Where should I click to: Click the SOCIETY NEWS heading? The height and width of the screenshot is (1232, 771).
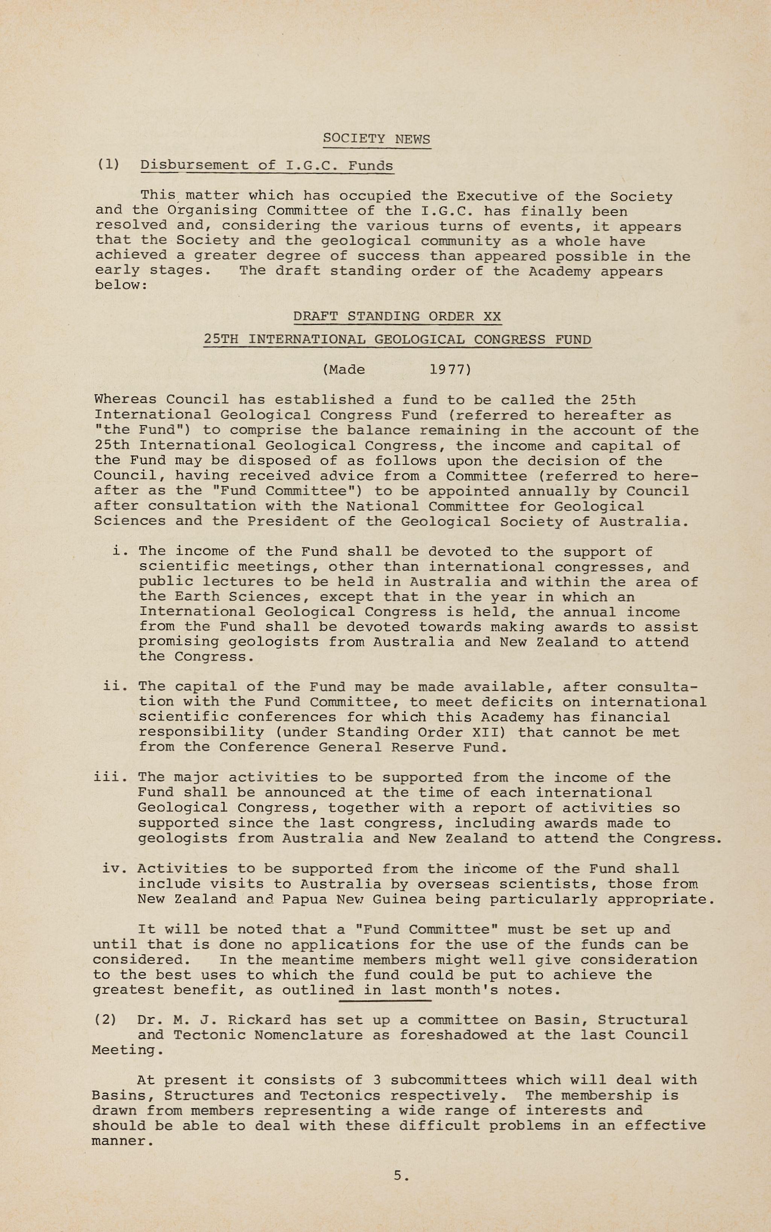click(x=376, y=139)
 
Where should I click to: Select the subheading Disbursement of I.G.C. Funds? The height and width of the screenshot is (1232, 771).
click(x=266, y=165)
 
